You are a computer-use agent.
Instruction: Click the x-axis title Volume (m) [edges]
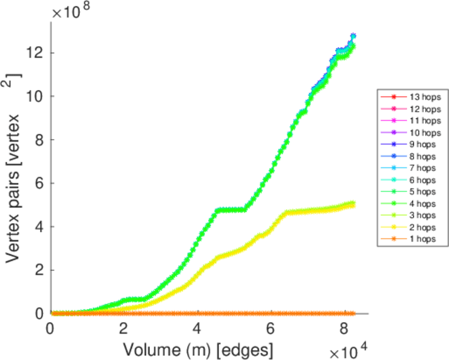[199, 347]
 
